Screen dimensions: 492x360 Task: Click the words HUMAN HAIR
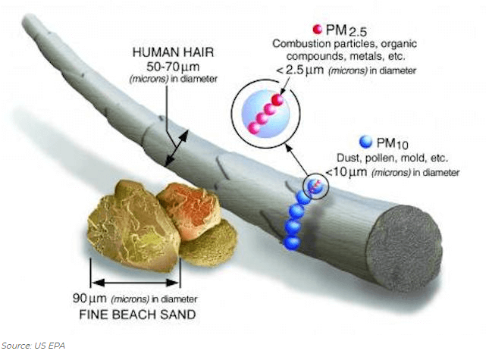point(173,52)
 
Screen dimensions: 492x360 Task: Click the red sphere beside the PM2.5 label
point(318,29)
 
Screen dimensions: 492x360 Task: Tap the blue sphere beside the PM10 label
point(365,142)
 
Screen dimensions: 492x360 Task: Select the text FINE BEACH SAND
point(138,315)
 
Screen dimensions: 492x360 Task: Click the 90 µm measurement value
point(89,298)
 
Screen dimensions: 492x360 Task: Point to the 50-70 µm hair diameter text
point(173,67)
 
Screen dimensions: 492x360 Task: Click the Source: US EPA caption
point(33,346)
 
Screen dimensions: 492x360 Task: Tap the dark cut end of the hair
point(405,248)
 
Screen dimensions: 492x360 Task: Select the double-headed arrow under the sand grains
point(135,283)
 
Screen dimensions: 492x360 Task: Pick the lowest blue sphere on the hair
point(292,243)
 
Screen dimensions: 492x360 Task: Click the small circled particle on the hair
point(315,186)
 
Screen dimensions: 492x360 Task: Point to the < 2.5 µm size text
point(299,70)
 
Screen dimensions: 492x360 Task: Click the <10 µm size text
point(346,172)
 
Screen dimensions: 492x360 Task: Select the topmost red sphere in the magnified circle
point(277,100)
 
